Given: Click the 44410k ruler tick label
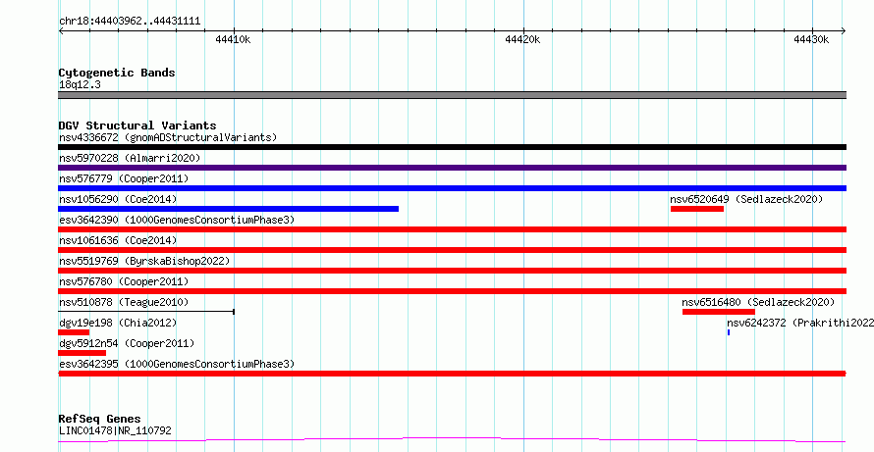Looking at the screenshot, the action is coord(233,39).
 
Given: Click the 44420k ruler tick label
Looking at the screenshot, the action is coord(522,39).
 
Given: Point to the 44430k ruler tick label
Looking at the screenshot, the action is coord(811,39).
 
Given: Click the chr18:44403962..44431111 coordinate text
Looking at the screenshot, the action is coord(130,22).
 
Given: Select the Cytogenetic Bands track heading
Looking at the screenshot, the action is coord(117,73).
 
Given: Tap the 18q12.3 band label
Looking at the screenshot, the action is coord(80,85).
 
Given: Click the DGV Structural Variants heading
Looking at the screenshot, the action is coord(137,126).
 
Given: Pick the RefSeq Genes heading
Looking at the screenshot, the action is coord(100,419).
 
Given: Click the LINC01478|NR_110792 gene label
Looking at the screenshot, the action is coord(115,430).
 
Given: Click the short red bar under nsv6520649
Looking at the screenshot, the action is coord(697,209).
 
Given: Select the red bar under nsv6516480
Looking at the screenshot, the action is coord(719,312).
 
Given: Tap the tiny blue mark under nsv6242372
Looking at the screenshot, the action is coord(729,332).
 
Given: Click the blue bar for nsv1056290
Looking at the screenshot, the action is coord(229,209).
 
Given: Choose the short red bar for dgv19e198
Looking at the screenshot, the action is coord(74,332).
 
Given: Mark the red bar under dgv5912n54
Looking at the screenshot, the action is coord(82,353).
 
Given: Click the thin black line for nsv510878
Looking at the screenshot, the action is coord(146,312).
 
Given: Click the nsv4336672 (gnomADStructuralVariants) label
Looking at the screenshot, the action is coord(168,137).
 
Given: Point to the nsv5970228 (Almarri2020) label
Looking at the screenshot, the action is coord(130,158).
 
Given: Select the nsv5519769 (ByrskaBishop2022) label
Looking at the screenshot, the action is coord(144,261).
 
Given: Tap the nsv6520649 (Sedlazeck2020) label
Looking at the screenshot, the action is coord(746,199).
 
